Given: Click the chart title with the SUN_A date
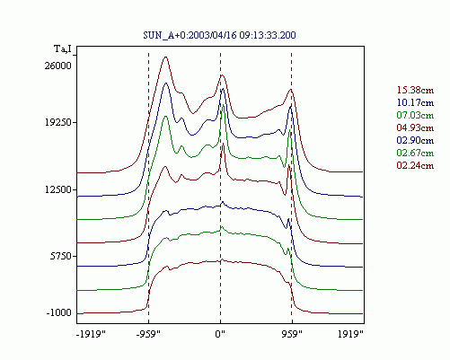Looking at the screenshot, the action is click(219, 35).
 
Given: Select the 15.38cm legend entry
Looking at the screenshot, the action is click(415, 90).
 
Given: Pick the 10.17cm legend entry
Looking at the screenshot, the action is click(415, 102).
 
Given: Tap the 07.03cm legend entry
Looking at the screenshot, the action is click(415, 115).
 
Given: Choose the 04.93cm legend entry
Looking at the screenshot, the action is click(415, 127).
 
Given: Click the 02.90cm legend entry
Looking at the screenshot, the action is click(415, 140).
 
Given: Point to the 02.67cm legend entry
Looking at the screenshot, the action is click(415, 153).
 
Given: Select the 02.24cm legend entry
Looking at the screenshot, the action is click(415, 165).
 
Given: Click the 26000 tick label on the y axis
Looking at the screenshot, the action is click(58, 66).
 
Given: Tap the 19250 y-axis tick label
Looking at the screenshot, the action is click(58, 122).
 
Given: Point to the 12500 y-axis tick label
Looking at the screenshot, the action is click(58, 189).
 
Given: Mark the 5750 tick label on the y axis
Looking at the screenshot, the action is click(61, 256).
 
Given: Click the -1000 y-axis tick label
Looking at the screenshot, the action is click(59, 313).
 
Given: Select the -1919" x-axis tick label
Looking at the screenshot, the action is click(92, 334).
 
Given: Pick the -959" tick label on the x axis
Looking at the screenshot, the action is click(148, 334).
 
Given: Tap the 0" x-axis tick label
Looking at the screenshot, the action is click(220, 334).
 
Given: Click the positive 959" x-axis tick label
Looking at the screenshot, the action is click(292, 334).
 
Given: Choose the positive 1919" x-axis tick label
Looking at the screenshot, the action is click(350, 334).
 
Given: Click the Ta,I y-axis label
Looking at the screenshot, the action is click(63, 48).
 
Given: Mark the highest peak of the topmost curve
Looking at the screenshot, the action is click(165, 57).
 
